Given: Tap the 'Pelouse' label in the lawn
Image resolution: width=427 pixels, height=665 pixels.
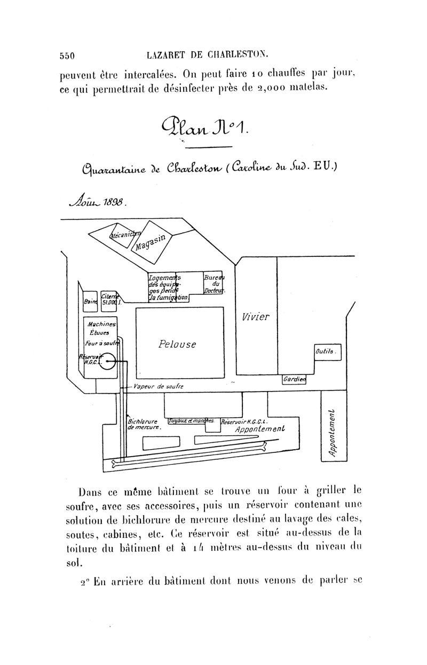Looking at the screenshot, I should [177, 344].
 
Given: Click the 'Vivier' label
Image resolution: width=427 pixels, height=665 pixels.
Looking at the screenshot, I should [256, 316].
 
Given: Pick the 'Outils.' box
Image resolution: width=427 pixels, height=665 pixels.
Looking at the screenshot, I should [326, 352].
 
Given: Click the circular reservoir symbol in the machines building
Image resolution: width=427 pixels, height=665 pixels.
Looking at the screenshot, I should [107, 362].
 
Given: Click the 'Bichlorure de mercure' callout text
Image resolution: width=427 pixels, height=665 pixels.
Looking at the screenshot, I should [142, 424].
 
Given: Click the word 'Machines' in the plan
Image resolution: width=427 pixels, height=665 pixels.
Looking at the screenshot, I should [100, 325].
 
